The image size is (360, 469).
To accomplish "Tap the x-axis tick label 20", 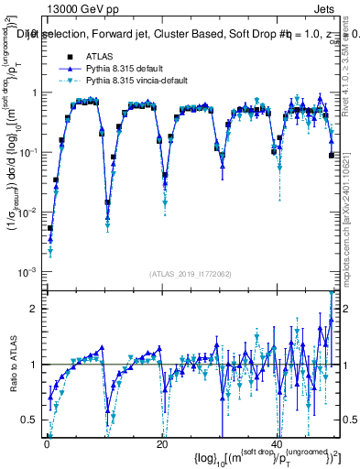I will (x=162, y=442).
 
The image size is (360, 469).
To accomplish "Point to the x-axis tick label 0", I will (x=47, y=442).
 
